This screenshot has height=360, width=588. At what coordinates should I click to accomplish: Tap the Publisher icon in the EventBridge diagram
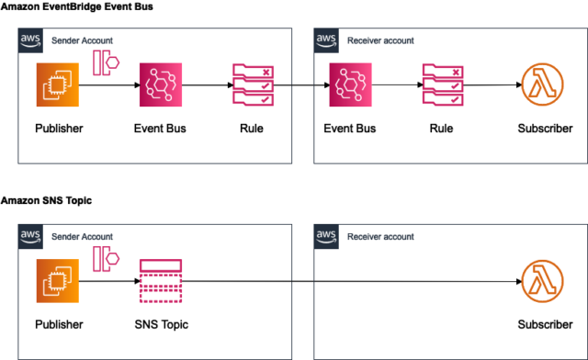tap(59, 86)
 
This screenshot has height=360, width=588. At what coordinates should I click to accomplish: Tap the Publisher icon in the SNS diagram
tap(59, 282)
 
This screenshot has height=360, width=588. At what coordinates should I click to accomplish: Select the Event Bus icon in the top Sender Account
tap(163, 86)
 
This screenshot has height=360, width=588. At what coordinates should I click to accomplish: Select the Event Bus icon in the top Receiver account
tap(349, 86)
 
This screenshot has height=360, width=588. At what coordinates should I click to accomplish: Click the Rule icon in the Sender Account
tap(251, 86)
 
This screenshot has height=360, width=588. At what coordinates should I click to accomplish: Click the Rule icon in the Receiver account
tap(441, 86)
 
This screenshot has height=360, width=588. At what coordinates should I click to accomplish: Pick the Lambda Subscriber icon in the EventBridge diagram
tap(544, 86)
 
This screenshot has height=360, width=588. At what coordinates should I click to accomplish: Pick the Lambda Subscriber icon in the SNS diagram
tap(544, 282)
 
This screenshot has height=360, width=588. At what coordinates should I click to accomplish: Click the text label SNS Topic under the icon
tap(163, 324)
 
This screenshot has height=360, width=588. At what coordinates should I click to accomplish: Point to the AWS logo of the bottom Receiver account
tap(326, 236)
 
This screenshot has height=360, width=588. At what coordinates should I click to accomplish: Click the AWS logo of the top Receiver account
tap(326, 39)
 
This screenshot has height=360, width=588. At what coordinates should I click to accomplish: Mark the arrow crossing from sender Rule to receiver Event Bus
tap(300, 86)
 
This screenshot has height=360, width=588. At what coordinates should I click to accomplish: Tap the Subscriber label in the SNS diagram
tap(544, 324)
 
